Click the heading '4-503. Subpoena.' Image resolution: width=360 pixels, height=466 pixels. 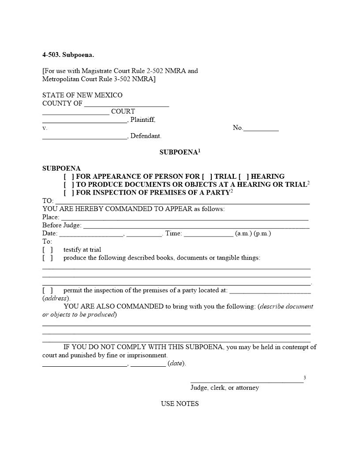68,55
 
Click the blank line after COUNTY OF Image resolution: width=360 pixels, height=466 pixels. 126,104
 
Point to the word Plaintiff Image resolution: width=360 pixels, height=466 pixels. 142,120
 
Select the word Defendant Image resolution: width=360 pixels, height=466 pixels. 146,136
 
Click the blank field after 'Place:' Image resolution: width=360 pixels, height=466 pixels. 184,218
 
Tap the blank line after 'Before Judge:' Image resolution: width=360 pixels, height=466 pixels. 196,225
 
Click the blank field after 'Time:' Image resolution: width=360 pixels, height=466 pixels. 208,234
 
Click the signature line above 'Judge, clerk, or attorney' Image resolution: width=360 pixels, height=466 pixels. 247,380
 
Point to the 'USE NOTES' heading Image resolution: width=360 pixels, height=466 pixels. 180,404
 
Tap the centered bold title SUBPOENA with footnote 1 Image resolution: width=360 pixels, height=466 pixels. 178,152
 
